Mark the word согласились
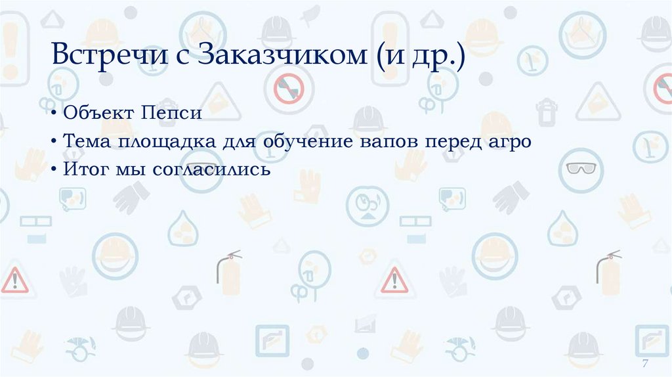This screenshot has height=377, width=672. click(212, 170)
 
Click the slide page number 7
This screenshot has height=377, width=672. click(645, 365)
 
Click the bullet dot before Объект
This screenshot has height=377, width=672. click(56, 114)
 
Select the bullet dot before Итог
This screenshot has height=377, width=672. click(56, 171)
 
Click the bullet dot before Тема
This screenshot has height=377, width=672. click(56, 142)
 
